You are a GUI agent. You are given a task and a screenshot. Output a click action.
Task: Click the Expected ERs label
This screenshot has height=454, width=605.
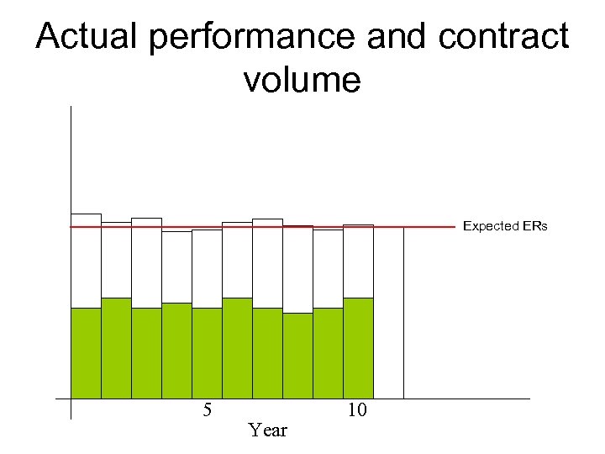(505, 226)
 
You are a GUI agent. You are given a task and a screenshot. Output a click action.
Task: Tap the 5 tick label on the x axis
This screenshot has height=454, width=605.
(207, 410)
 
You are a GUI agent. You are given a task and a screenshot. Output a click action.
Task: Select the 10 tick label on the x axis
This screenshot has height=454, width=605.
(356, 410)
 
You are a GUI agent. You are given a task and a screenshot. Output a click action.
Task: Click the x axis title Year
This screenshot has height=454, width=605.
(268, 430)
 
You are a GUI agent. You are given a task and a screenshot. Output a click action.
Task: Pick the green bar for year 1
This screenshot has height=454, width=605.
(86, 353)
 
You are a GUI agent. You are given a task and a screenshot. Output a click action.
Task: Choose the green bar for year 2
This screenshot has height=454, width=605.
(116, 348)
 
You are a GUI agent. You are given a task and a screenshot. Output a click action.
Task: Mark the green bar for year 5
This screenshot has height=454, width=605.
(207, 353)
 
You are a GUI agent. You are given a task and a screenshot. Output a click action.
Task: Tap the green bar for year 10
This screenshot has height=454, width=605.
(358, 348)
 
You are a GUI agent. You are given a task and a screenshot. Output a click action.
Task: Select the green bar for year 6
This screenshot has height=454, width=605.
(237, 348)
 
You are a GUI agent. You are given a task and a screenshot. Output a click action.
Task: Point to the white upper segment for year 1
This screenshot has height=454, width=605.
(86, 261)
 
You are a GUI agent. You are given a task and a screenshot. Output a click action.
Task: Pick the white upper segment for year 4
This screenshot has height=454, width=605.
(176, 267)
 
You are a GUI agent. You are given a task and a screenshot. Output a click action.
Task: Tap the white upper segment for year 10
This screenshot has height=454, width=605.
(358, 261)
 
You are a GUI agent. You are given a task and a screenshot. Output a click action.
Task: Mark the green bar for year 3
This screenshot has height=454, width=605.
(146, 353)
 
